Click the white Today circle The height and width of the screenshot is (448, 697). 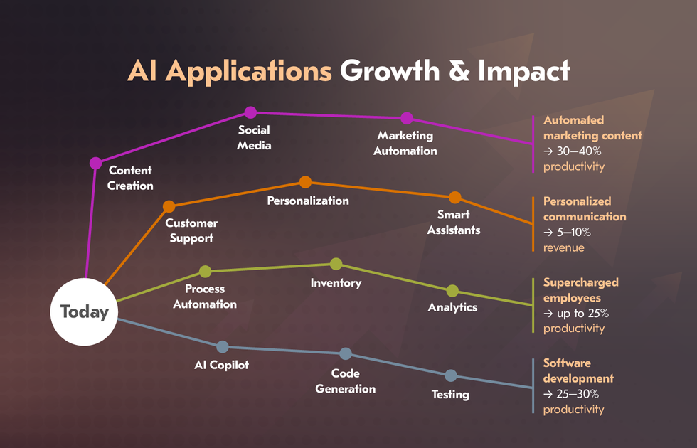(85, 311)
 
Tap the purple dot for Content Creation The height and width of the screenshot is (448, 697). (95, 163)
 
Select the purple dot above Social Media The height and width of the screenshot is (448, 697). (250, 112)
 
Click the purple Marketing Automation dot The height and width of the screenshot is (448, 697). (406, 118)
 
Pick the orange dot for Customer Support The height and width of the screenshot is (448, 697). (169, 207)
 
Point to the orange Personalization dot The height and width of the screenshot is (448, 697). (305, 182)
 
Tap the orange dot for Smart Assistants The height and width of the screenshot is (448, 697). (454, 198)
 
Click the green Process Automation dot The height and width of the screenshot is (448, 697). (205, 271)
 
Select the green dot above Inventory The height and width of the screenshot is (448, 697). (336, 265)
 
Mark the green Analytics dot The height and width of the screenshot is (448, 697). (452, 291)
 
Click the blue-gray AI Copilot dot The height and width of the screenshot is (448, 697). (222, 347)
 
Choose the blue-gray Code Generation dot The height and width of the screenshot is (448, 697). (346, 353)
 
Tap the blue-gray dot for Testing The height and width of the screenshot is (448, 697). (450, 375)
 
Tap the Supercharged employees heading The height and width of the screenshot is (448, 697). (580, 290)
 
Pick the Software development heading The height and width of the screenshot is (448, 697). (578, 370)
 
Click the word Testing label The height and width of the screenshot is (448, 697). (450, 394)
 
